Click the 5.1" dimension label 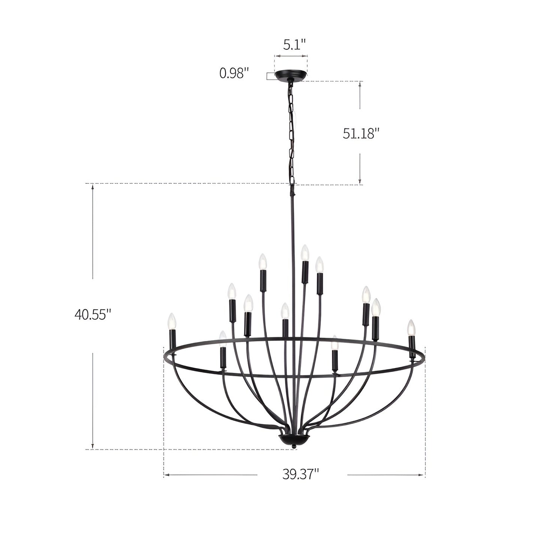click(x=294, y=44)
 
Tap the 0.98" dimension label click(x=234, y=73)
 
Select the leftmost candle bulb click(x=172, y=321)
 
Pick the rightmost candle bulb click(x=411, y=327)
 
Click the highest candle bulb click(x=304, y=253)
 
